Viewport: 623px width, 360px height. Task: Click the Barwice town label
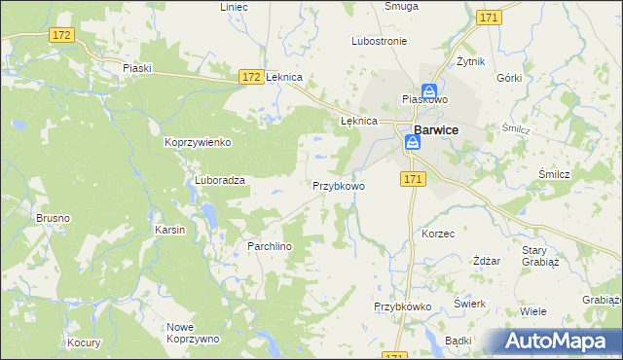[437, 128]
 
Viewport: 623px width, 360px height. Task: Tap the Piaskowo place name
[424, 99]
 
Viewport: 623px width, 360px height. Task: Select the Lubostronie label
[379, 42]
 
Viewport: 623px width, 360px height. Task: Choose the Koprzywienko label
[198, 142]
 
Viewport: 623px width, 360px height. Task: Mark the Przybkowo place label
[338, 185]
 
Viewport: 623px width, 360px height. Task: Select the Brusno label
[53, 218]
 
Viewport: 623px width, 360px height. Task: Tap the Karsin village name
[170, 230]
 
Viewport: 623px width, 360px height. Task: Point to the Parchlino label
[256, 247]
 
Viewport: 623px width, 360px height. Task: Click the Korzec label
[438, 234]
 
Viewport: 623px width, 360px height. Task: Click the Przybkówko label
[403, 306]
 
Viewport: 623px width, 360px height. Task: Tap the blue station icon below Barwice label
[413, 144]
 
